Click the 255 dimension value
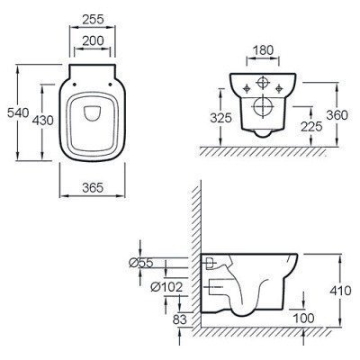pos(93,20)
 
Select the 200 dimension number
pos(93,40)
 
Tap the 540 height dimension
pos(18,113)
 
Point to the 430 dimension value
pos(42,121)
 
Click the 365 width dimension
pos(93,188)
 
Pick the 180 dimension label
pos(263,50)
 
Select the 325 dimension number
pos(221,118)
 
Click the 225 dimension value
pos(311,127)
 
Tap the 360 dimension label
pos(337,115)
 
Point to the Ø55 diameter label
pos(140,263)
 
